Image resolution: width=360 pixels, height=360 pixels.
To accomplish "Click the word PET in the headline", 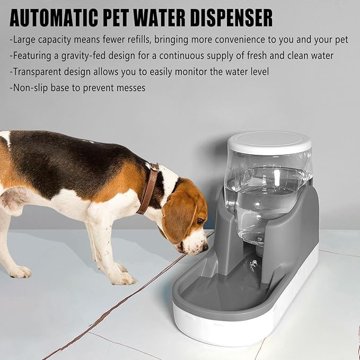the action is tap(116, 18).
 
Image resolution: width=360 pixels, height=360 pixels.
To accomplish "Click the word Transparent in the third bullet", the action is tap(37, 72).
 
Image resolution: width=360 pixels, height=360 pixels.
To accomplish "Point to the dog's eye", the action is tap(200, 221).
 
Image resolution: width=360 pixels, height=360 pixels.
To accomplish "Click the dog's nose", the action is tap(206, 248).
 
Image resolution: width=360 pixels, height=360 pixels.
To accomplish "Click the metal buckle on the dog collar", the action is tap(154, 167).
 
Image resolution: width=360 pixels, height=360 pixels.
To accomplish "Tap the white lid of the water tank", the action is tap(269, 142).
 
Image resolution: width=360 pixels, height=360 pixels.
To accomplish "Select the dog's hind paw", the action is tap(20, 272).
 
